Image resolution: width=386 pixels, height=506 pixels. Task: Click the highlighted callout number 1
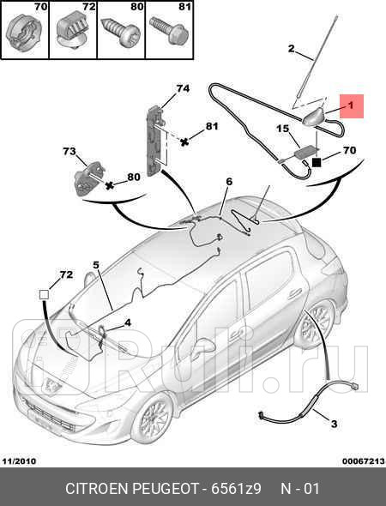click(351, 105)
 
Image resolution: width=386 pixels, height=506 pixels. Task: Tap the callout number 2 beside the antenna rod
click(291, 49)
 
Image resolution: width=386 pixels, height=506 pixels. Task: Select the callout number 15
click(283, 129)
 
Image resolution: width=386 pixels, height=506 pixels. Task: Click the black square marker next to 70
click(317, 163)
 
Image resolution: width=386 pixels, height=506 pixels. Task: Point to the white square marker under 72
click(44, 295)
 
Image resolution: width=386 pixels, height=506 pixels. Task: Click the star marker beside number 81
click(184, 142)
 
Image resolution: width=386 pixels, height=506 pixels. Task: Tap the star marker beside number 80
click(111, 185)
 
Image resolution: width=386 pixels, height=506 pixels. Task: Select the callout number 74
click(183, 88)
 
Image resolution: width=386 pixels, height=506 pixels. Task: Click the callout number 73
click(69, 151)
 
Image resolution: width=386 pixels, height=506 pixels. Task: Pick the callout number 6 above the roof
click(229, 182)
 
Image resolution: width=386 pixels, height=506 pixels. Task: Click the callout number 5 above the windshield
click(96, 265)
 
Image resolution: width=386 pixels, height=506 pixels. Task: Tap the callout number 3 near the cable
click(334, 424)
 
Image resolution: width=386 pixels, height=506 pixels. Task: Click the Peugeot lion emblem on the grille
click(51, 385)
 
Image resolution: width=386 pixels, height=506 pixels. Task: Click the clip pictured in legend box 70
click(22, 33)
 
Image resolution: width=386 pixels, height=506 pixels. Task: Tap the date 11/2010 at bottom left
click(19, 461)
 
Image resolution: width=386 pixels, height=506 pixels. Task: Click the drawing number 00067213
click(364, 461)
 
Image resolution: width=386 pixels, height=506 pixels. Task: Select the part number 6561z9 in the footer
click(236, 488)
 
